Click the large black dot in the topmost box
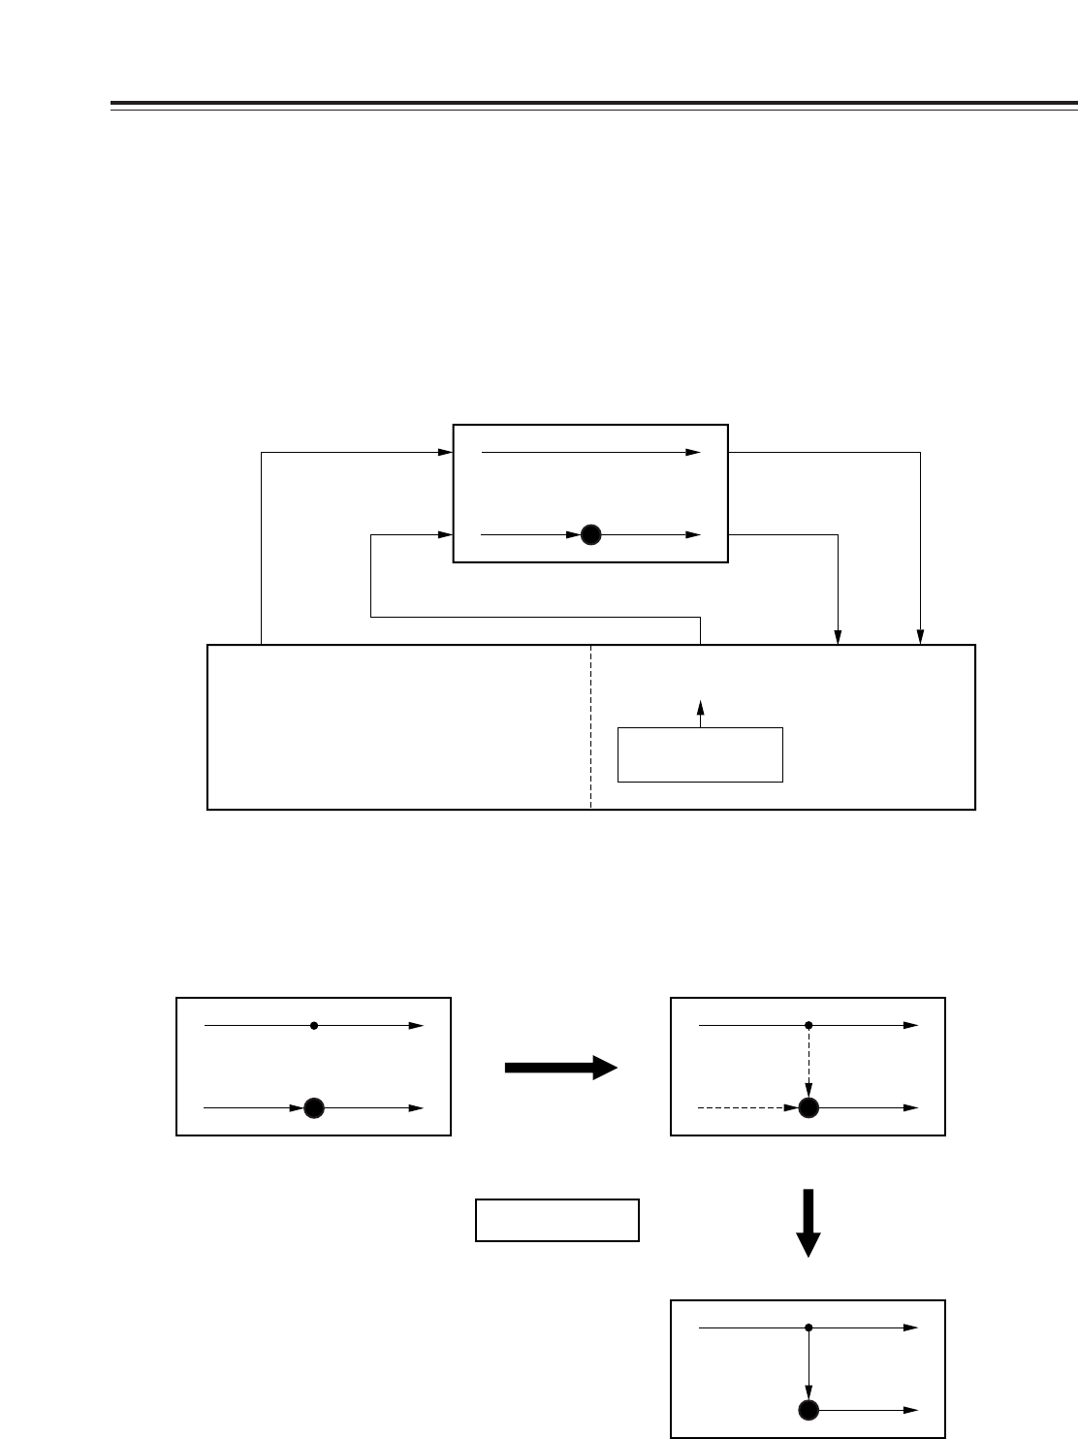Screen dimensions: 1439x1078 pos(591,534)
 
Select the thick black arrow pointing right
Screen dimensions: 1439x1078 pos(561,1068)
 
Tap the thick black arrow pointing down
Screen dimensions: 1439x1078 pos(808,1223)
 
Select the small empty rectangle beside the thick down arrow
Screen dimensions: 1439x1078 pos(557,1220)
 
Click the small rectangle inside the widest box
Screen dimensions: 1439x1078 pos(700,753)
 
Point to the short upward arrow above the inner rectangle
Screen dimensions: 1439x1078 pos(700,713)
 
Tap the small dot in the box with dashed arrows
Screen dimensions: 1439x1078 pos(808,1025)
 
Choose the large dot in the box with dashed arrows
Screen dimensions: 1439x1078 pos(808,1107)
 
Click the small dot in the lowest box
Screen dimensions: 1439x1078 pos(808,1327)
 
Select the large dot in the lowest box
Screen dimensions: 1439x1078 pos(808,1410)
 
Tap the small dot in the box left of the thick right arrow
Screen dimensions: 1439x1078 pos(314,1025)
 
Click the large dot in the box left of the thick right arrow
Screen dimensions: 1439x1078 pos(313,1107)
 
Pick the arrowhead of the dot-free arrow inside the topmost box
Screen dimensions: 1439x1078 pos(694,452)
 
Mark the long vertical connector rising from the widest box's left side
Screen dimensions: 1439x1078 pos(261,548)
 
